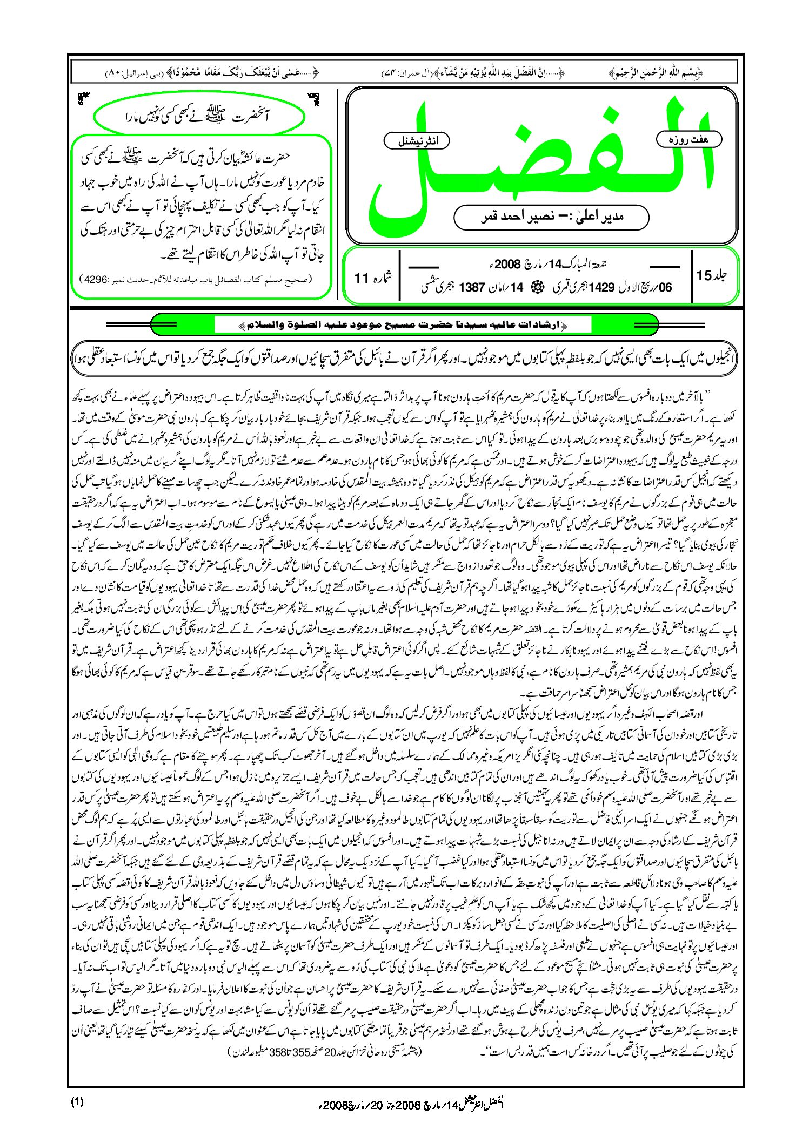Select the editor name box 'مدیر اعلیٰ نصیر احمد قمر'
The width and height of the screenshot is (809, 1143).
point(551,217)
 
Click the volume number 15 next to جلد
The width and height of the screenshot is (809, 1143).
point(704,275)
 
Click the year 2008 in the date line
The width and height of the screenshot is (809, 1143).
point(506,265)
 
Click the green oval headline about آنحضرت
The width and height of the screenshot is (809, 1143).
point(197,116)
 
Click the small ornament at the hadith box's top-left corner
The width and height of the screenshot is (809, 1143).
point(83,98)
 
